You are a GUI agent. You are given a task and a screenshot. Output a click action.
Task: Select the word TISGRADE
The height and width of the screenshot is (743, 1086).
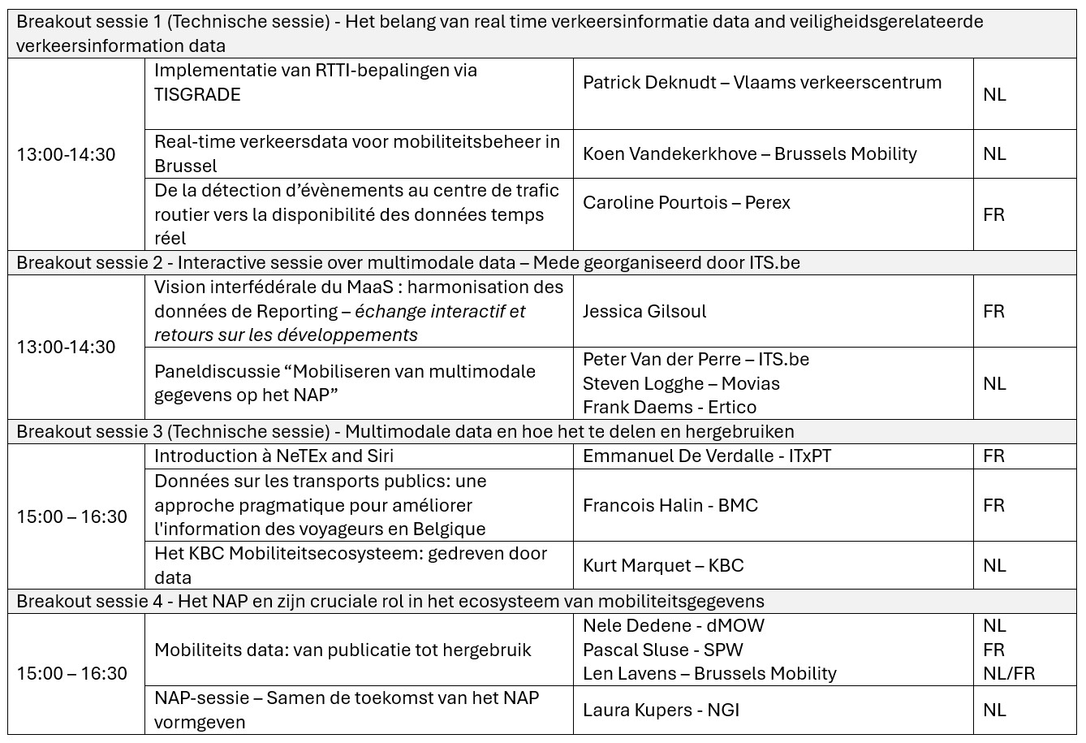click(197, 95)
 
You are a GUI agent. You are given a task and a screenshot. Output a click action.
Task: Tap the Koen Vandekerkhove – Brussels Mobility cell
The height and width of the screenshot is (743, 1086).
click(749, 154)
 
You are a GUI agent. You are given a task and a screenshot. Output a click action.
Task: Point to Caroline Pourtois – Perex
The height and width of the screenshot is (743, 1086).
click(686, 203)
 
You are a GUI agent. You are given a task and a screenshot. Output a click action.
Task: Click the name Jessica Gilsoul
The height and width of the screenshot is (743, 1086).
click(644, 312)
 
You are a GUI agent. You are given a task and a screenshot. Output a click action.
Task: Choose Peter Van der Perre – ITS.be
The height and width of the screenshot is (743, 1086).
click(696, 360)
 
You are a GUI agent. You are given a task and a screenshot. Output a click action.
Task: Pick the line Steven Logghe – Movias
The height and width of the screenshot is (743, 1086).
click(681, 383)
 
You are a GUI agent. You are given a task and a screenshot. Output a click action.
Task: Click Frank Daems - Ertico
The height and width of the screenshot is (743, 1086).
click(669, 408)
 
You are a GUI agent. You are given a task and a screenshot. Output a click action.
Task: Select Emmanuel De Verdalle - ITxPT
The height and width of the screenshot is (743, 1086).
click(706, 456)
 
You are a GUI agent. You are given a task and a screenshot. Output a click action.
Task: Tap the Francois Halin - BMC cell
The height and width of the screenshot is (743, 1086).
click(670, 506)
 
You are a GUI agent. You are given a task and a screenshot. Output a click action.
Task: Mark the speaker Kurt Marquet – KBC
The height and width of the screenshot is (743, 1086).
click(663, 566)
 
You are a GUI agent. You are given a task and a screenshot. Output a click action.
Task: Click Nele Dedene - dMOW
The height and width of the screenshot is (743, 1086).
click(673, 626)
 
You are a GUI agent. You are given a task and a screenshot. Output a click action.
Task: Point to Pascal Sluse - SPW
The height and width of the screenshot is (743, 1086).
click(662, 650)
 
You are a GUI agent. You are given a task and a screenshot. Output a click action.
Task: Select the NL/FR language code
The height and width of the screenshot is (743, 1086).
click(1008, 674)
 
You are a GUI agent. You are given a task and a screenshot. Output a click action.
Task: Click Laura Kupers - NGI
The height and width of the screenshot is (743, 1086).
click(661, 711)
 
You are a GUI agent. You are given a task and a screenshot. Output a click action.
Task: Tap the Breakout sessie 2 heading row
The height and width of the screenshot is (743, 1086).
click(408, 262)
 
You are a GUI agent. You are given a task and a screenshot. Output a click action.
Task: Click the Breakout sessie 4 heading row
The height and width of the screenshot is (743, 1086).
click(390, 602)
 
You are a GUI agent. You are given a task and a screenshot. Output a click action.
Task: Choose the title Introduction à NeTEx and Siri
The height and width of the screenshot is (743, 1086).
click(274, 456)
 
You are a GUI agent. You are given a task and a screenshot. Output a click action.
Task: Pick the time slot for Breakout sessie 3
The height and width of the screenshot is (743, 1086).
click(72, 517)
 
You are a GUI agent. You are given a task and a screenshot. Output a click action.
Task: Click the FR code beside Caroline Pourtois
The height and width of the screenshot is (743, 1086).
click(993, 215)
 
